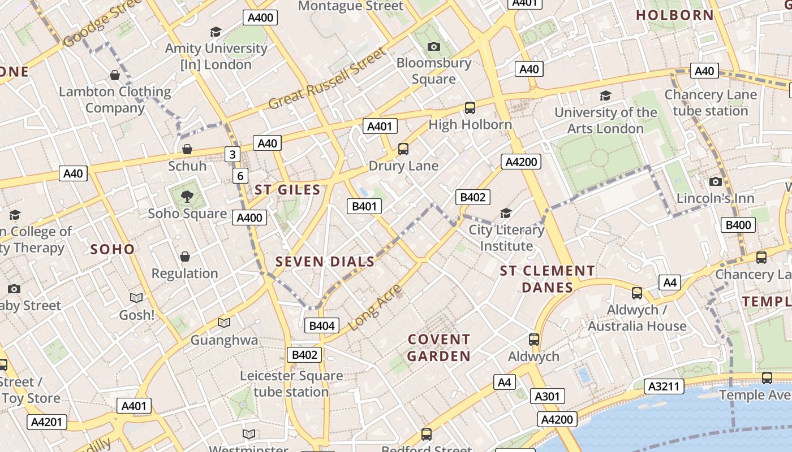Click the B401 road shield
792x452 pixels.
364,206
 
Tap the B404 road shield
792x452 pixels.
322,325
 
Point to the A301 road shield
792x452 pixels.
547,396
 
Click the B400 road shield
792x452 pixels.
738,225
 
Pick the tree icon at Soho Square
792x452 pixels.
187,197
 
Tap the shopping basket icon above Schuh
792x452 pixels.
187,149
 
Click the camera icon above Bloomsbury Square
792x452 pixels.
434,46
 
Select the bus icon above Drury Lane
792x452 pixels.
403,149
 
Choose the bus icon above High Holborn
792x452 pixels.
470,107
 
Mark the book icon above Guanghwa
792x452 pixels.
224,323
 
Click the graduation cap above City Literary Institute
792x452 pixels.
506,213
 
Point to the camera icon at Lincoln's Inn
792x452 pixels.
715,181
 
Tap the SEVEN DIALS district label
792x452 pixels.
325,262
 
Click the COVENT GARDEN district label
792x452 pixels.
439,347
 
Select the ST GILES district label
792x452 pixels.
287,190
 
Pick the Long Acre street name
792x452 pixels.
374,307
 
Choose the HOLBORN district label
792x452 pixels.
675,15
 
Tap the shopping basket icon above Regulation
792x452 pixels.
184,257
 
